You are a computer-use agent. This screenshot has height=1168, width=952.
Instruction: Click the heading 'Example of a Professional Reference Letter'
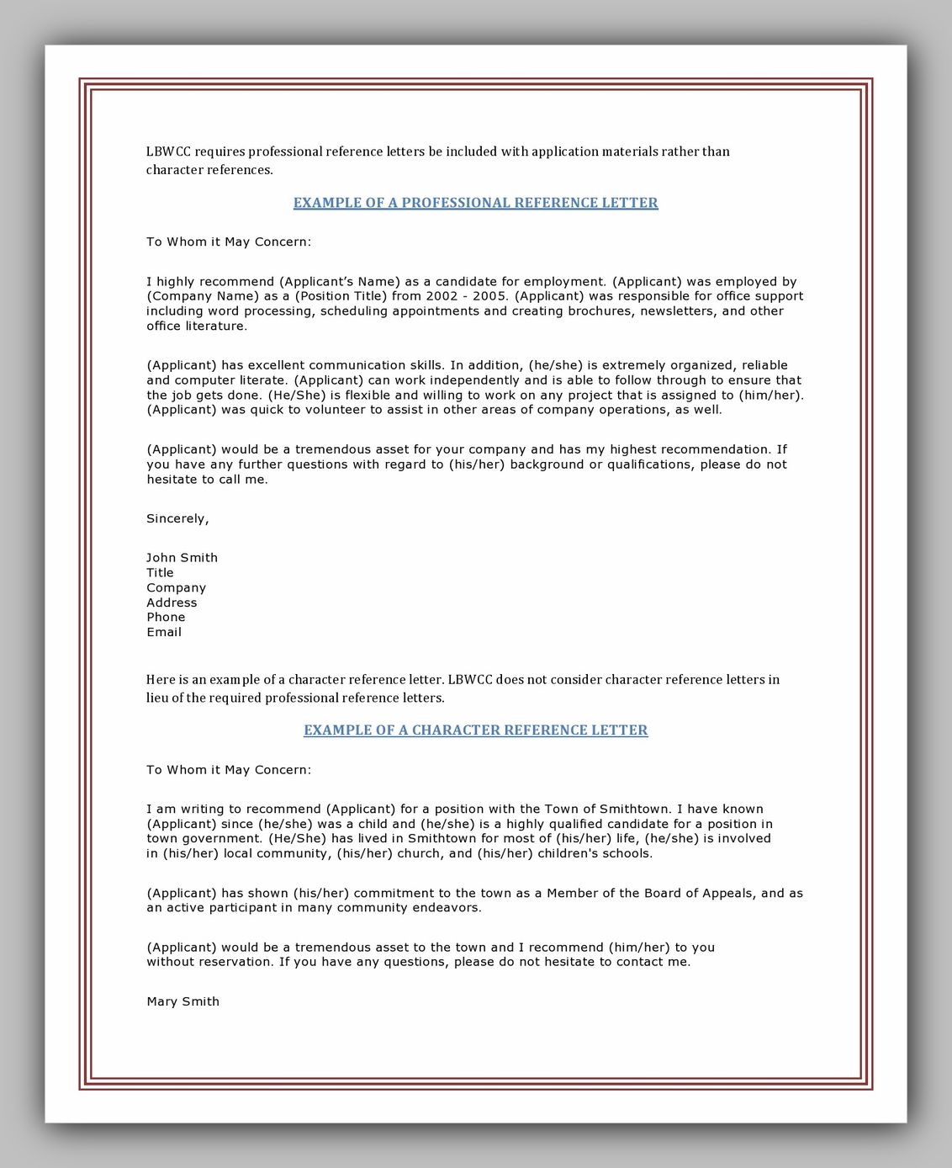(x=475, y=203)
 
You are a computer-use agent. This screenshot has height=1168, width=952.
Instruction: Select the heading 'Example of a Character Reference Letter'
(x=475, y=730)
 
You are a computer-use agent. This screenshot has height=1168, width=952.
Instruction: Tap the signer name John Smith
(x=182, y=558)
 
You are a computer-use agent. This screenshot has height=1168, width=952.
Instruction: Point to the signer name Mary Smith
(x=182, y=1001)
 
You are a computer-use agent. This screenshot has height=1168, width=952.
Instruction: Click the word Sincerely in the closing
(x=177, y=518)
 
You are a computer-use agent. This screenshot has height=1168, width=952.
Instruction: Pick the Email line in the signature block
(x=164, y=632)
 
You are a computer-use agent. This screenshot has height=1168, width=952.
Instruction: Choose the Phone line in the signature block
(x=166, y=617)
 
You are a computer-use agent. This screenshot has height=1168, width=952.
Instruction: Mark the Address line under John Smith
(x=172, y=603)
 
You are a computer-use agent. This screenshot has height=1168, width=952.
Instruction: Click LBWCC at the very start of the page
(x=168, y=151)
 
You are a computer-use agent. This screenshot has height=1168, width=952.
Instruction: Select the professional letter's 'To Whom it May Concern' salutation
(x=228, y=242)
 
